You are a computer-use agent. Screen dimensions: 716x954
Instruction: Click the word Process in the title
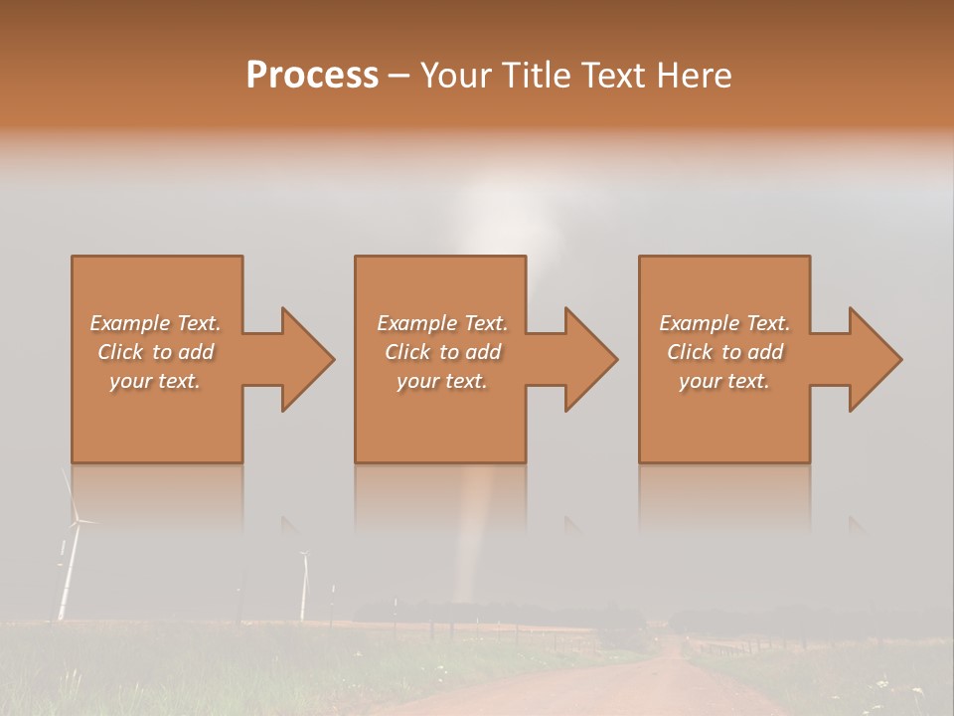312,75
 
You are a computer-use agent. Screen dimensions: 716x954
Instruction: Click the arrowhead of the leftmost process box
304,359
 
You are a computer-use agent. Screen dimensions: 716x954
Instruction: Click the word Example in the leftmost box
130,323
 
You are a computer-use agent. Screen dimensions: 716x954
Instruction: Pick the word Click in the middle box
407,352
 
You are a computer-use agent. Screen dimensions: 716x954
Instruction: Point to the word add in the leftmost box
197,352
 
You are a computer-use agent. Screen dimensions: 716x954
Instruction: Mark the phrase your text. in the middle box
441,381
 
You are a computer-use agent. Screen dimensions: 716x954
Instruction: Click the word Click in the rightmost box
690,352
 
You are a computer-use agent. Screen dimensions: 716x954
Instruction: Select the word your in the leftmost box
130,381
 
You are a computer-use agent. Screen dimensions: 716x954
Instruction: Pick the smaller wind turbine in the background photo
303,587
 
